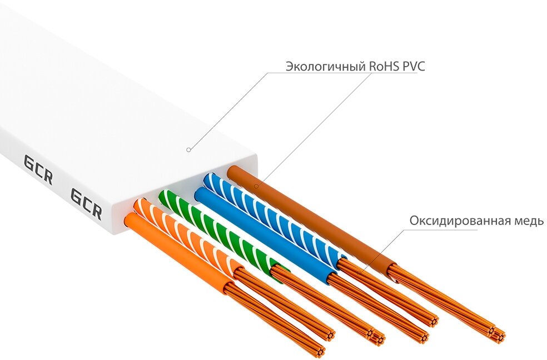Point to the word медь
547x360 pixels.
[529, 221]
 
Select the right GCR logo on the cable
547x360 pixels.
[86, 203]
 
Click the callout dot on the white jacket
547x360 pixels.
[188, 149]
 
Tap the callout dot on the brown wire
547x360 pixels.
[256, 186]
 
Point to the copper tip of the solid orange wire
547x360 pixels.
[320, 349]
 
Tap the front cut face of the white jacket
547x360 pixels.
[183, 186]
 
